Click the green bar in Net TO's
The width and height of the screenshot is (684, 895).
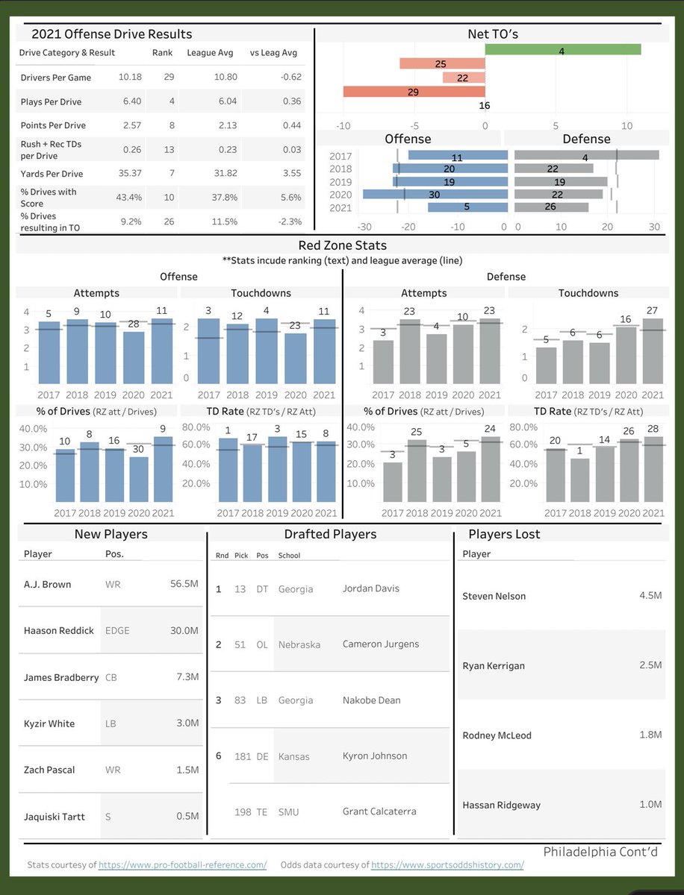click(563, 50)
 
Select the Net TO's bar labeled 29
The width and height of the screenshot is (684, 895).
click(414, 92)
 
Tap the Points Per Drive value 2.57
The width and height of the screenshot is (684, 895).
click(132, 125)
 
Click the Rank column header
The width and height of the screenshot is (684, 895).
click(163, 53)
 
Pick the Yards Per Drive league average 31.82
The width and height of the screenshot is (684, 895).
click(226, 173)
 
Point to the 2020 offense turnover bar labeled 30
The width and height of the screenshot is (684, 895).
click(435, 194)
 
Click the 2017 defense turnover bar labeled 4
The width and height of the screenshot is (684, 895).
click(586, 155)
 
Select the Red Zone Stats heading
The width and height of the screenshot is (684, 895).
click(343, 245)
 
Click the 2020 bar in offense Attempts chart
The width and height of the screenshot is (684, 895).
click(134, 357)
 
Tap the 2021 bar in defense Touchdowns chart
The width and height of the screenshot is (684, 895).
click(653, 351)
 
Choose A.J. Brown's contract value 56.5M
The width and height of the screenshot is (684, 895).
click(184, 583)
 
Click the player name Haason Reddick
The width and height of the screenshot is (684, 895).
click(59, 630)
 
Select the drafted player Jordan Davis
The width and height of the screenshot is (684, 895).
click(371, 588)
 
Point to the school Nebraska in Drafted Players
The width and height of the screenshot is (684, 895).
click(299, 644)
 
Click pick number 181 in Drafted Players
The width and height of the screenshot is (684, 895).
click(243, 757)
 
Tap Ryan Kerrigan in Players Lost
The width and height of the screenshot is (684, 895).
click(494, 666)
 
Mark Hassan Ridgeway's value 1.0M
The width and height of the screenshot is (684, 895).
click(650, 805)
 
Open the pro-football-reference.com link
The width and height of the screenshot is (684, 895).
click(182, 865)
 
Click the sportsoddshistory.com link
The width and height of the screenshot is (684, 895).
click(447, 865)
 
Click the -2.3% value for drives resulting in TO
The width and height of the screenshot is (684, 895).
click(290, 222)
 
